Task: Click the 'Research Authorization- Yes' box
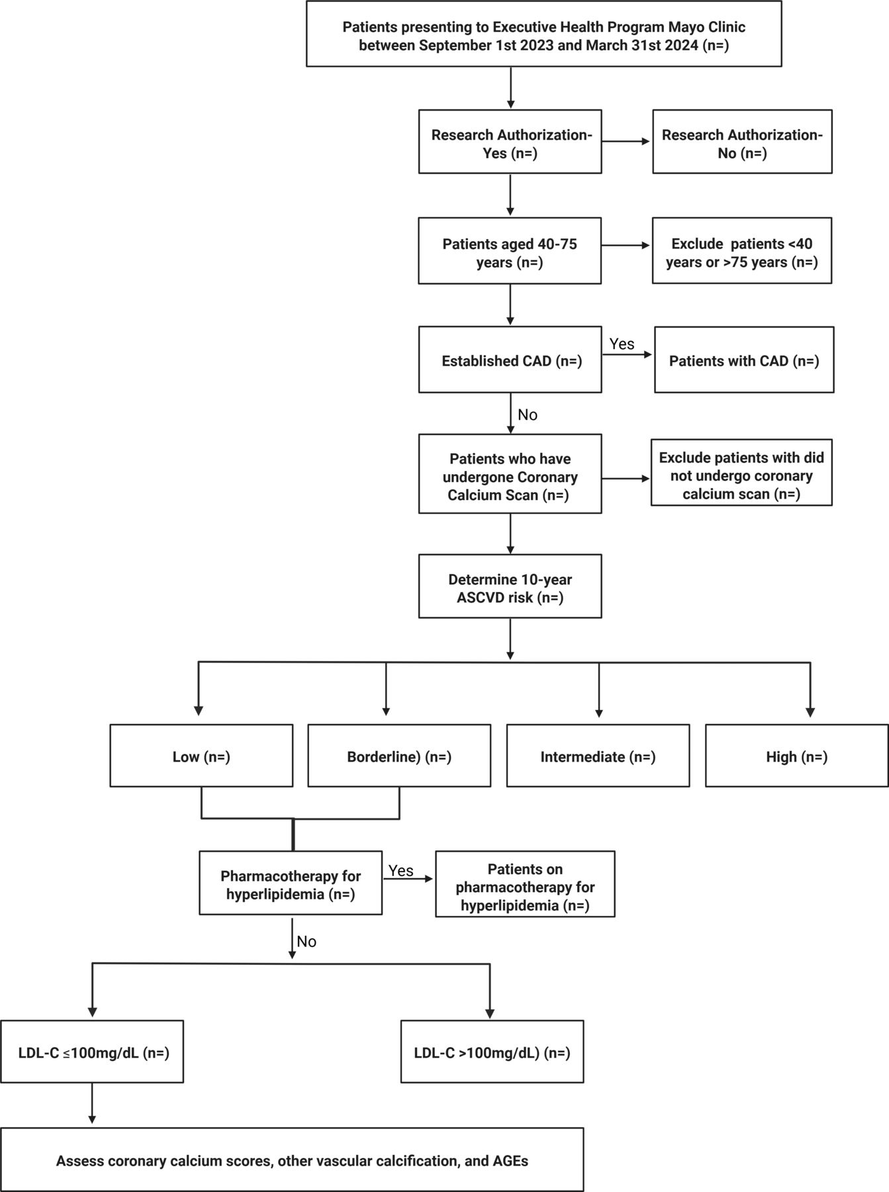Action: click(x=510, y=142)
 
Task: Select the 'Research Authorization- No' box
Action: click(x=742, y=142)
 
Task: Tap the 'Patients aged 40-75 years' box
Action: click(x=510, y=251)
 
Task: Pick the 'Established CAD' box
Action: click(x=510, y=360)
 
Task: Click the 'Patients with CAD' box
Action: click(x=744, y=360)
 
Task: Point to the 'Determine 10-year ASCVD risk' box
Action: click(x=510, y=586)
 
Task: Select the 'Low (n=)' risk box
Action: click(x=201, y=756)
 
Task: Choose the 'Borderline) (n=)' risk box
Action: click(x=399, y=756)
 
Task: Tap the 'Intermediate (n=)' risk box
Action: click(x=598, y=756)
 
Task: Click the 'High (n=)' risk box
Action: click(x=797, y=756)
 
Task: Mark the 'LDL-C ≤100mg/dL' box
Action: click(x=92, y=1052)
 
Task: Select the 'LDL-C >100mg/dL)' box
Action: click(x=492, y=1052)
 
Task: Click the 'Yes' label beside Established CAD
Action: click(x=622, y=344)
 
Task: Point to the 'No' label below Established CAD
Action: click(x=528, y=415)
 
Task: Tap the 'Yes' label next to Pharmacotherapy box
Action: click(x=401, y=870)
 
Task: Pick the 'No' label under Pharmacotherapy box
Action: click(x=306, y=941)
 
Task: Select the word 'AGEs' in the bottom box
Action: click(x=510, y=1160)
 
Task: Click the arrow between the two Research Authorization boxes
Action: click(x=626, y=142)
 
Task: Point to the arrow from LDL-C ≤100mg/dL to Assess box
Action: click(x=92, y=1104)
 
